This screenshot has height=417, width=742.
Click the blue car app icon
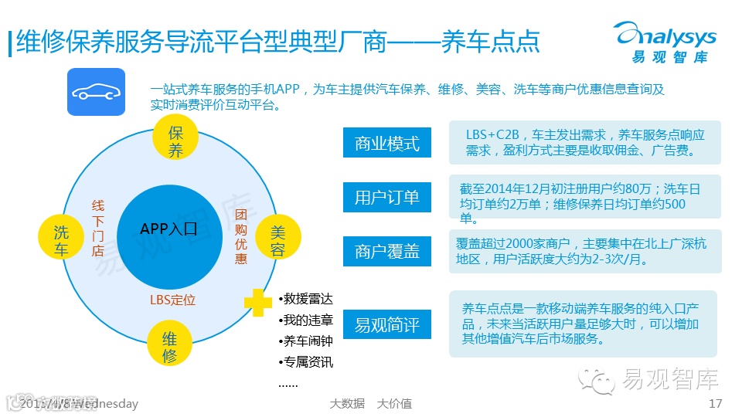click(96, 92)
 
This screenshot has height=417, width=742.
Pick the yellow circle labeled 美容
click(277, 240)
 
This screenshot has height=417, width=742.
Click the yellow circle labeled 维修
click(170, 347)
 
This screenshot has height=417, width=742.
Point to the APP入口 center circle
click(169, 229)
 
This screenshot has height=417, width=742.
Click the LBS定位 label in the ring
click(172, 300)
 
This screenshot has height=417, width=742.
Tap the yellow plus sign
click(258, 303)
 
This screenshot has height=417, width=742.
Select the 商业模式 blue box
click(387, 144)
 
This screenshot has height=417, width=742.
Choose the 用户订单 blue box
click(387, 197)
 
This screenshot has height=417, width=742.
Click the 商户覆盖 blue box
click(387, 251)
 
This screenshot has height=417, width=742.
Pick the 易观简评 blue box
click(387, 325)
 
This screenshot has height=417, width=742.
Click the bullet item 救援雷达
click(306, 300)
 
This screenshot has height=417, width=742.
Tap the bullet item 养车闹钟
click(306, 341)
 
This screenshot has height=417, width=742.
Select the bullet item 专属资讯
click(306, 361)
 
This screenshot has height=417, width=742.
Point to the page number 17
click(715, 404)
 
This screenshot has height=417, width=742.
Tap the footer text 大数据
click(347, 404)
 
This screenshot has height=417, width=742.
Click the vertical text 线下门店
click(97, 229)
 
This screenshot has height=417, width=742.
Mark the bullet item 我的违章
click(306, 320)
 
